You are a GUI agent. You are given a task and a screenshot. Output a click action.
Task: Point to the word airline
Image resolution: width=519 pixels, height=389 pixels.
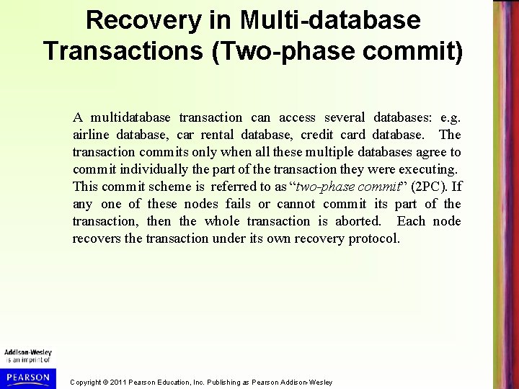coord(89,135)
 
